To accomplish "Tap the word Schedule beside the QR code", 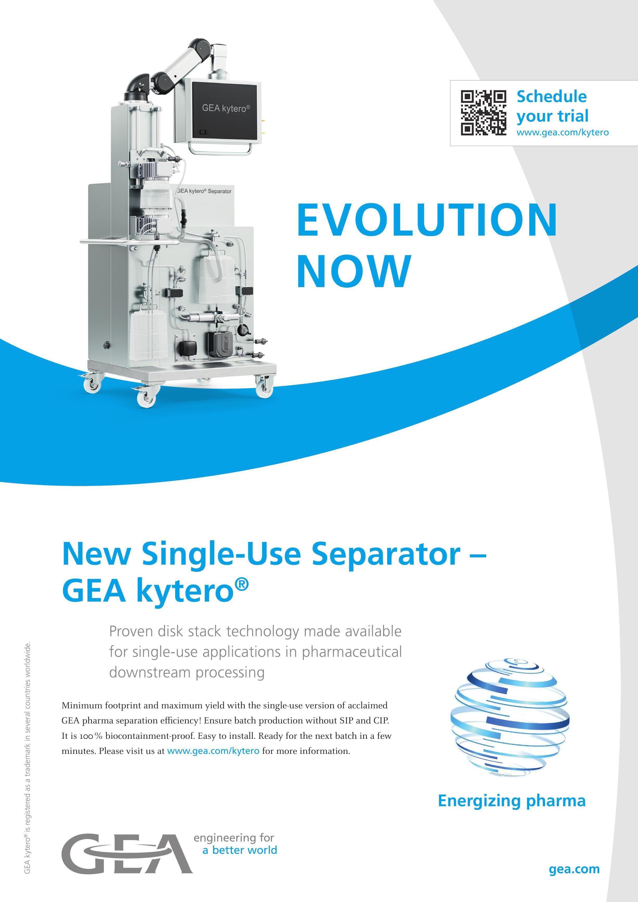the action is pos(552,96).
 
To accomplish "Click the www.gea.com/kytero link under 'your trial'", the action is pos(563,133).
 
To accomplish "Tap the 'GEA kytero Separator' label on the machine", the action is pos(204,191).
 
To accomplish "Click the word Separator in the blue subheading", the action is pos(386,554).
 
